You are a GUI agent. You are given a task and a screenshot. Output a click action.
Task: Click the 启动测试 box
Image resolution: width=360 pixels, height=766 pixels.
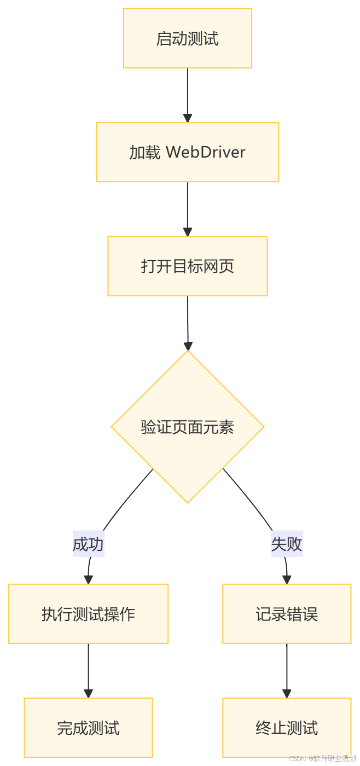click(188, 39)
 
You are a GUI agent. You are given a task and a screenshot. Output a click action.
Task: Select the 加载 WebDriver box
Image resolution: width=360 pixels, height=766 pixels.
click(188, 152)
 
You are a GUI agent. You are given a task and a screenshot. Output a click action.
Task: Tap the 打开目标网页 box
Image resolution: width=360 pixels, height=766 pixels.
click(188, 266)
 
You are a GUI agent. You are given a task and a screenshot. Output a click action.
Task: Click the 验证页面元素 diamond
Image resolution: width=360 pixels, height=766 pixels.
click(188, 427)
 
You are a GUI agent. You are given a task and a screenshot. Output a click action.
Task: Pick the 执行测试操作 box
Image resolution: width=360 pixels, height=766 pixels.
click(88, 614)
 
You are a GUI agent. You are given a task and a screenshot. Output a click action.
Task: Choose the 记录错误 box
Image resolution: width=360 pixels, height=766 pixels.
click(287, 614)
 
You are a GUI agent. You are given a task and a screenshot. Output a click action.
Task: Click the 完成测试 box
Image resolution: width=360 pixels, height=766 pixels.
click(88, 728)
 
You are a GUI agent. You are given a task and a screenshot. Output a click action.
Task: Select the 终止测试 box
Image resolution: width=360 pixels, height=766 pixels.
click(287, 728)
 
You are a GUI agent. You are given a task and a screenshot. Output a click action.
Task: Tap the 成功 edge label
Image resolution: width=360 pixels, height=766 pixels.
click(89, 544)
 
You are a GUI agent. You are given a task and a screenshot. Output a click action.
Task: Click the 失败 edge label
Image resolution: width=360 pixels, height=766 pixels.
click(287, 544)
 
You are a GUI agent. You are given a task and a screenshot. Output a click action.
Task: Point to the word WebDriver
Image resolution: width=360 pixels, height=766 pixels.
click(206, 152)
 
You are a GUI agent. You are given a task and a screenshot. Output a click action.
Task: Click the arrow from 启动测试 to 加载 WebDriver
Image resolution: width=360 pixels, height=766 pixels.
click(188, 93)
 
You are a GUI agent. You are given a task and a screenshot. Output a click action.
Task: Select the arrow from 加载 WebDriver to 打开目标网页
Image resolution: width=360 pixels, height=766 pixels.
click(188, 207)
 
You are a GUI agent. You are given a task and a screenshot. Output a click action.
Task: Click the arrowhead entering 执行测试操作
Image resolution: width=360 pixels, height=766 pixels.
click(88, 579)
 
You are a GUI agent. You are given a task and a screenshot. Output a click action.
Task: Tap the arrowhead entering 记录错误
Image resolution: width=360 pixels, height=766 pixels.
click(287, 579)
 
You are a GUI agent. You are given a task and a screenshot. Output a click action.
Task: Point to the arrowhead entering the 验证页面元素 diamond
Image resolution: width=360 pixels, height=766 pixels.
click(188, 346)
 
